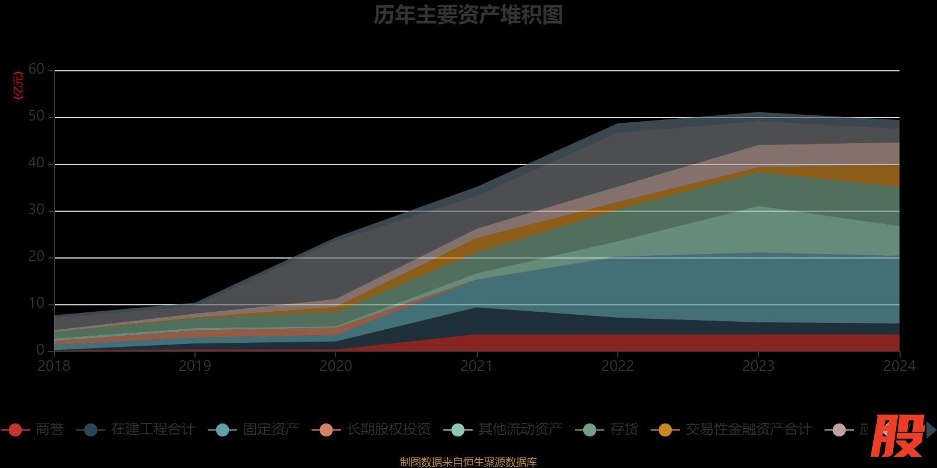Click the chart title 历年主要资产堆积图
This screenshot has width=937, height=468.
coord(468,15)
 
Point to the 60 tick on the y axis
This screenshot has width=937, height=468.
coord(36,70)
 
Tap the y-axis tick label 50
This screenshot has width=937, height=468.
coord(36,116)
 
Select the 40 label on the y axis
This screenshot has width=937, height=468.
coord(36,163)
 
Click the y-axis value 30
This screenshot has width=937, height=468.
coord(36,210)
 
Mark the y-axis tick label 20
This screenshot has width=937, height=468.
coord(36,257)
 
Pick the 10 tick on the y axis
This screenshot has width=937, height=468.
coord(36,304)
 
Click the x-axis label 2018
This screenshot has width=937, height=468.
coord(54,366)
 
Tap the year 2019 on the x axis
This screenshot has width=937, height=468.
coord(195,366)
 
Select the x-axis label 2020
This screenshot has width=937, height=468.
coord(336,366)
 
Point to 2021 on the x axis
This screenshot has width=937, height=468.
coord(477,366)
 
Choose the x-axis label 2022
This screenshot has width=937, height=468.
coord(618,366)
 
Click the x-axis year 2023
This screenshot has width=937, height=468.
coord(758,366)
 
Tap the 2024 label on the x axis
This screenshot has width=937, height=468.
coord(899,366)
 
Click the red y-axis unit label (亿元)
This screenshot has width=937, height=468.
coord(19,85)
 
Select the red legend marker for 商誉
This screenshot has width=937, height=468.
coord(15,430)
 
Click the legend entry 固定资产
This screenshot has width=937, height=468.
coord(271,430)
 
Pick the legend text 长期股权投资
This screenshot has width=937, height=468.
coord(388,430)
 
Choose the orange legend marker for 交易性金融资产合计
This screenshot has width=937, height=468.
coord(665,430)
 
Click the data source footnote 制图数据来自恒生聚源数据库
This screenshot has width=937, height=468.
coord(468,462)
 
